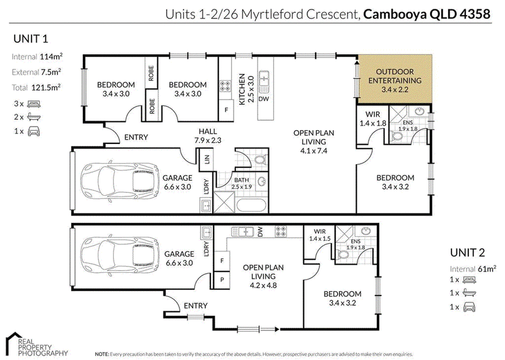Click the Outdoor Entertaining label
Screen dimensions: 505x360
395,81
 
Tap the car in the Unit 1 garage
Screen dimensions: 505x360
120,183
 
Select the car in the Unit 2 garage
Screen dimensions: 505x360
120,257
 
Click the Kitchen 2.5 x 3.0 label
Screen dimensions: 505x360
246,89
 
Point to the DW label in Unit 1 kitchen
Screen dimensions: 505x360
263,99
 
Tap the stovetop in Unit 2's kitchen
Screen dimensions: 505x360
280,231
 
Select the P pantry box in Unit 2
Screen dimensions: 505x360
222,279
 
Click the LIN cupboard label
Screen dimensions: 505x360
207,159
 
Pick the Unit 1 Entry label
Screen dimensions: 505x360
136,137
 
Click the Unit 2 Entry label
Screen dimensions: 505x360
196,306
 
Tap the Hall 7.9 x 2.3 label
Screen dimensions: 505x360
208,136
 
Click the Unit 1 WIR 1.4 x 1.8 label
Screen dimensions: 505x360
372,119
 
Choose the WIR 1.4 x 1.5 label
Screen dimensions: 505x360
320,235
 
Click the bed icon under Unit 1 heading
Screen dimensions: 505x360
34,104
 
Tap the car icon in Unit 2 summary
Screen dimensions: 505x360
469,307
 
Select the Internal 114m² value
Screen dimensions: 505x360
51,57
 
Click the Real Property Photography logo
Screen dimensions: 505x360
36,345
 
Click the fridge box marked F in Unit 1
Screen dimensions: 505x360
226,111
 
